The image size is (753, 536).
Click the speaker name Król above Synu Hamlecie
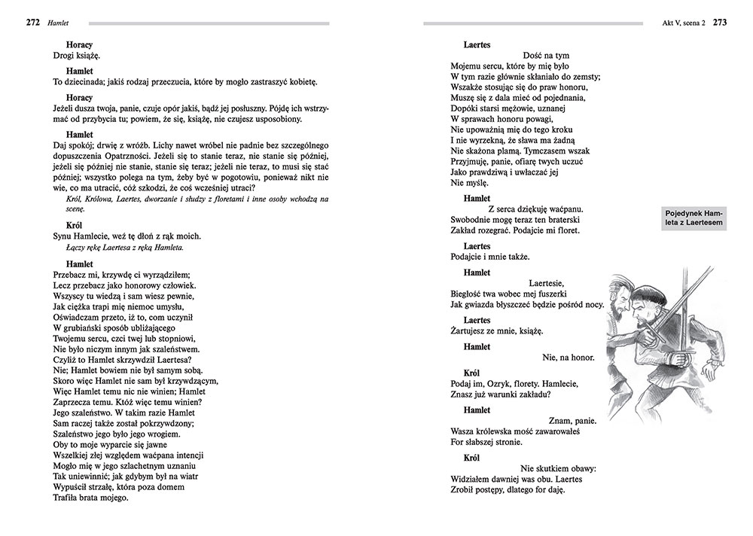pyautogui.click(x=75, y=225)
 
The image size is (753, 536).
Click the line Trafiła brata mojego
pyautogui.click(x=91, y=498)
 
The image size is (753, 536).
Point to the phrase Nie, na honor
pyautogui.click(x=569, y=357)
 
